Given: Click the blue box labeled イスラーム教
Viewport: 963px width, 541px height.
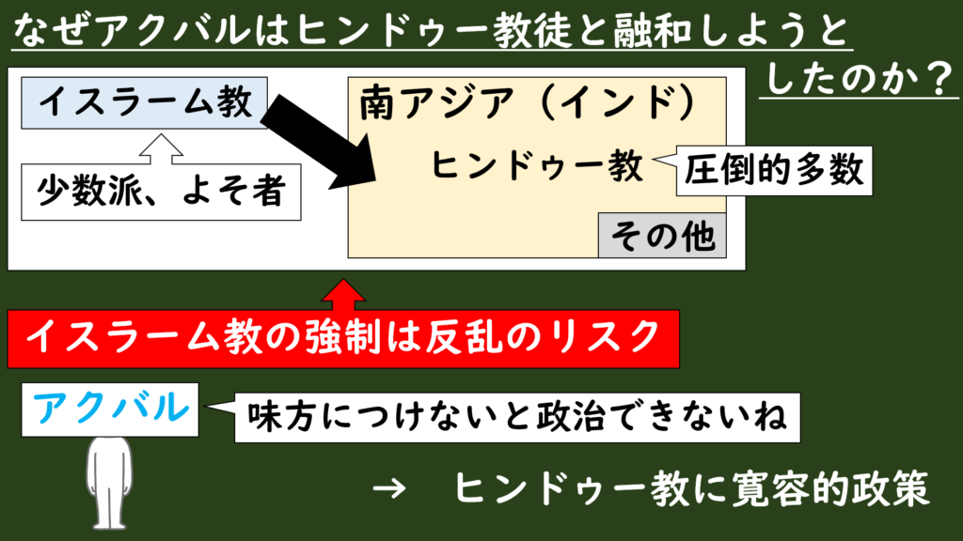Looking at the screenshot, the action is click(x=144, y=103).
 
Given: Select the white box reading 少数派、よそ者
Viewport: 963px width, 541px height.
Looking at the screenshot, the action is click(x=161, y=192).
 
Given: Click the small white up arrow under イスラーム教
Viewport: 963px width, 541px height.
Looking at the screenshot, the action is click(x=161, y=149).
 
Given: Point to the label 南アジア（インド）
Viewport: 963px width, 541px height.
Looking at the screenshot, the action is click(x=529, y=102).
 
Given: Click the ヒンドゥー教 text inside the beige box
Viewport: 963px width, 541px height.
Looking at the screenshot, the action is click(x=537, y=165).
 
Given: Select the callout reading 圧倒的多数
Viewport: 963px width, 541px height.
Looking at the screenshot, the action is click(x=774, y=171).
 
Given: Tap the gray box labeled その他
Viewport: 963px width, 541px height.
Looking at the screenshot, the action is click(x=662, y=236).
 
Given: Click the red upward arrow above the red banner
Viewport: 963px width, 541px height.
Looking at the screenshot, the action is click(x=343, y=295).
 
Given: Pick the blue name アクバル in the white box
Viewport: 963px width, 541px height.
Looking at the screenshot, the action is click(x=111, y=408).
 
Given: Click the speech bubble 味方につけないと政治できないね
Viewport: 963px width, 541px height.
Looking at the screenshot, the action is click(x=517, y=418).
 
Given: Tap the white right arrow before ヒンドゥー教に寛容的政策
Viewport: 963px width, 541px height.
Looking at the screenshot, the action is click(x=389, y=488).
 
